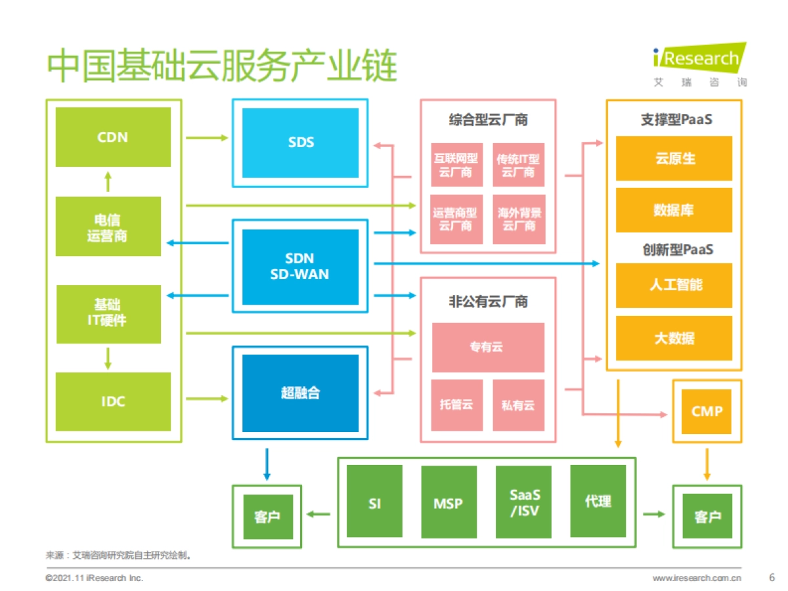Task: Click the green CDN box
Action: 113,137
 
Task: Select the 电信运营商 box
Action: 108,227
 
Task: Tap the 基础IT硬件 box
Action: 108,314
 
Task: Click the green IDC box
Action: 113,401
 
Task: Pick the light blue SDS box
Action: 301,142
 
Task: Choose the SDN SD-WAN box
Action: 300,266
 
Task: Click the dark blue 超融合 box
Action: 301,393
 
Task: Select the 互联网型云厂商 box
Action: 456,165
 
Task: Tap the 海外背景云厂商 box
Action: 519,219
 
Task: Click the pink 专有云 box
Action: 487,347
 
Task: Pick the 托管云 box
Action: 456,405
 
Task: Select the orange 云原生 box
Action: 674,158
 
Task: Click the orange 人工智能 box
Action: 674,285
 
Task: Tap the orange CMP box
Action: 707,411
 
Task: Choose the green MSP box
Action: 449,504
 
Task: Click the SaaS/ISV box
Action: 523,502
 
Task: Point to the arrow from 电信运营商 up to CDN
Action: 108,181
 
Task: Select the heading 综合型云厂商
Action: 488,120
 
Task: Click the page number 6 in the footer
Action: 772,578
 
